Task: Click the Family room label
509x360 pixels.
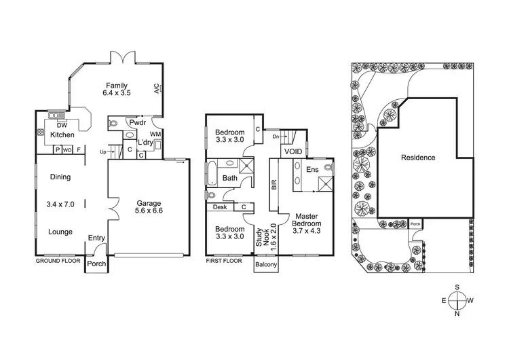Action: coord(115,85)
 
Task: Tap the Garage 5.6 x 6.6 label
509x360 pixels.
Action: coord(149,206)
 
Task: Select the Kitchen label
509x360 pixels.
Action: coord(62,135)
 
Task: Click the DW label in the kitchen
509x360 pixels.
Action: coord(61,125)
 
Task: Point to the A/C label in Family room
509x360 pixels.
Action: coord(156,90)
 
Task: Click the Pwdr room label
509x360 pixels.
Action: coord(138,123)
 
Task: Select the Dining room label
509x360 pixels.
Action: coord(60,177)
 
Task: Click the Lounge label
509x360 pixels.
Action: coord(60,232)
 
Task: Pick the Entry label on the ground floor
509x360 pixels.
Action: coord(96,237)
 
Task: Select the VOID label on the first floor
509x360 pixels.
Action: coord(293,151)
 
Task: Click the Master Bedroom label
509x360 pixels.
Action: coord(305,222)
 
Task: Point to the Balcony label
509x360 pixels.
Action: coord(266,265)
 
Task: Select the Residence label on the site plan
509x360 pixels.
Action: coord(417,158)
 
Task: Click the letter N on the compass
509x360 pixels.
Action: coord(459,313)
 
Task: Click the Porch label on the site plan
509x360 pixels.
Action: coord(415,223)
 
